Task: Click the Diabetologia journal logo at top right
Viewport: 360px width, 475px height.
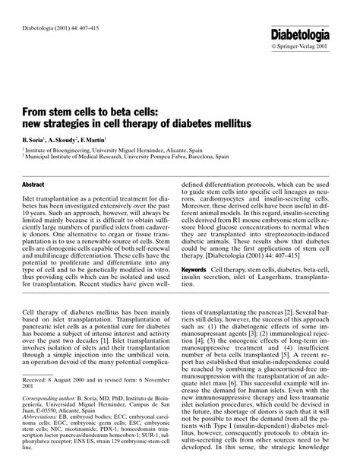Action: pos(311,34)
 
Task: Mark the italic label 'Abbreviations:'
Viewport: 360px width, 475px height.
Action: pos(40,428)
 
